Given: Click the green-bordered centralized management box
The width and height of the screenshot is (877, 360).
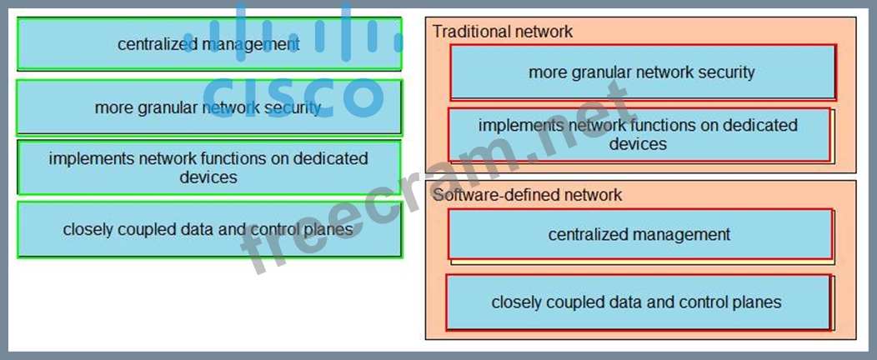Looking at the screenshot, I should [x=208, y=44].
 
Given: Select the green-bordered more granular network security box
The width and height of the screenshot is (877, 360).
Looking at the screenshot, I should [x=208, y=107].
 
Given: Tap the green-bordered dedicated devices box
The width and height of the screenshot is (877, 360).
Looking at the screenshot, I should [x=208, y=167].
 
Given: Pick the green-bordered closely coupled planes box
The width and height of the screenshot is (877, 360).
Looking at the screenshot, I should [x=208, y=229].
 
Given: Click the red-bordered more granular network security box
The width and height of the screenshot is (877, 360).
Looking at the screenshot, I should [x=642, y=72].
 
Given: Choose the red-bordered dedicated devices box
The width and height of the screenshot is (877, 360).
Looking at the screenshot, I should [x=639, y=135].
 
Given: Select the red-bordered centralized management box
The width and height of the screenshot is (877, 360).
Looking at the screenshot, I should [x=639, y=235].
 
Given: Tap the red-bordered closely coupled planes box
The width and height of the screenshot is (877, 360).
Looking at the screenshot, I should [x=637, y=302].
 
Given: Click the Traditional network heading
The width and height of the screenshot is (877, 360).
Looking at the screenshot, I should [x=503, y=32].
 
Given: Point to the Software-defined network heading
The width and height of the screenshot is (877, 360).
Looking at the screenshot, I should [x=527, y=195].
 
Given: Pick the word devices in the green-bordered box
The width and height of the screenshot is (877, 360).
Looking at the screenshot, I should [x=208, y=177].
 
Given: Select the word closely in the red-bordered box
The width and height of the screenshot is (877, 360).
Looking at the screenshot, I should [x=515, y=302].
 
